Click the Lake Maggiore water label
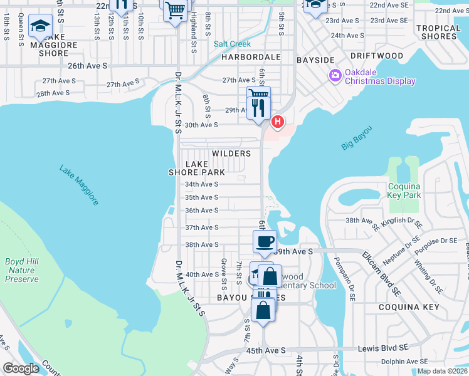pyautogui.click(x=79, y=185)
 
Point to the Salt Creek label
pyautogui.click(x=232, y=44)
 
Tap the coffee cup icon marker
pyautogui.click(x=265, y=241)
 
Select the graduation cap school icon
pyautogui.click(x=41, y=26)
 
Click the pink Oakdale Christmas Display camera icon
pyautogui.click(x=335, y=76)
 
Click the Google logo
pyautogui.click(x=21, y=368)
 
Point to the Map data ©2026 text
pyautogui.click(x=443, y=371)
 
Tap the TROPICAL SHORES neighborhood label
pyautogui.click(x=438, y=32)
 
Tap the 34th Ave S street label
pyautogui.click(x=201, y=184)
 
